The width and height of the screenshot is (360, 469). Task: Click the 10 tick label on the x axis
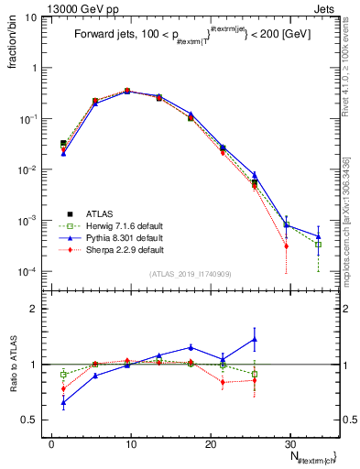pos(131,442)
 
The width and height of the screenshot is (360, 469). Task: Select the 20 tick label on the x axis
pos(211,442)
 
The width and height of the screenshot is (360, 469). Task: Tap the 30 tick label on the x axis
pos(290,442)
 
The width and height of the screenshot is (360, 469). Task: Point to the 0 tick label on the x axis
pos(51,442)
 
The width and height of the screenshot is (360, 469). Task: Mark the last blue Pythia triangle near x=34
pos(319,236)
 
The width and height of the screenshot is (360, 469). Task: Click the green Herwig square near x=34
pos(319,245)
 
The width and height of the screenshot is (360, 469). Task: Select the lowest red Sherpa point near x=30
pos(287,245)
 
